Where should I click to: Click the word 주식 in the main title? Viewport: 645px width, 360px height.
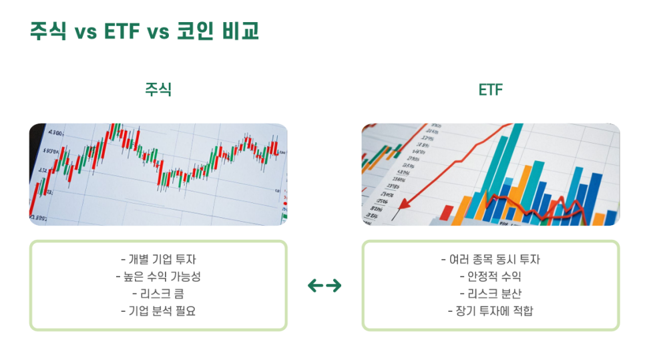48,31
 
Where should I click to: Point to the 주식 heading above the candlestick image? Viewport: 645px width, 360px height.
158,89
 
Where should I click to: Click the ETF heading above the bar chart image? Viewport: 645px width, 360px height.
490,89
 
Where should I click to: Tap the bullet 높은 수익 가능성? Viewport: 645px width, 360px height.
158,277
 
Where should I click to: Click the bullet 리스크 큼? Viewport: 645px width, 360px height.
158,293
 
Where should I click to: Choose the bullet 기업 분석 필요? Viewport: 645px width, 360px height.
158,311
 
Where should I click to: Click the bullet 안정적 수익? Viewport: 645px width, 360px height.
490,277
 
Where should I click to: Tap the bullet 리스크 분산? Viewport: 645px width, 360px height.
490,293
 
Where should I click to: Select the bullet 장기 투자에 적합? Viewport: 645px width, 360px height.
490,311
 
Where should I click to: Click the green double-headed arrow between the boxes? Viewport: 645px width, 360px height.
325,286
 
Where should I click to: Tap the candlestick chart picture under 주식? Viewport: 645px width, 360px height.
158,174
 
